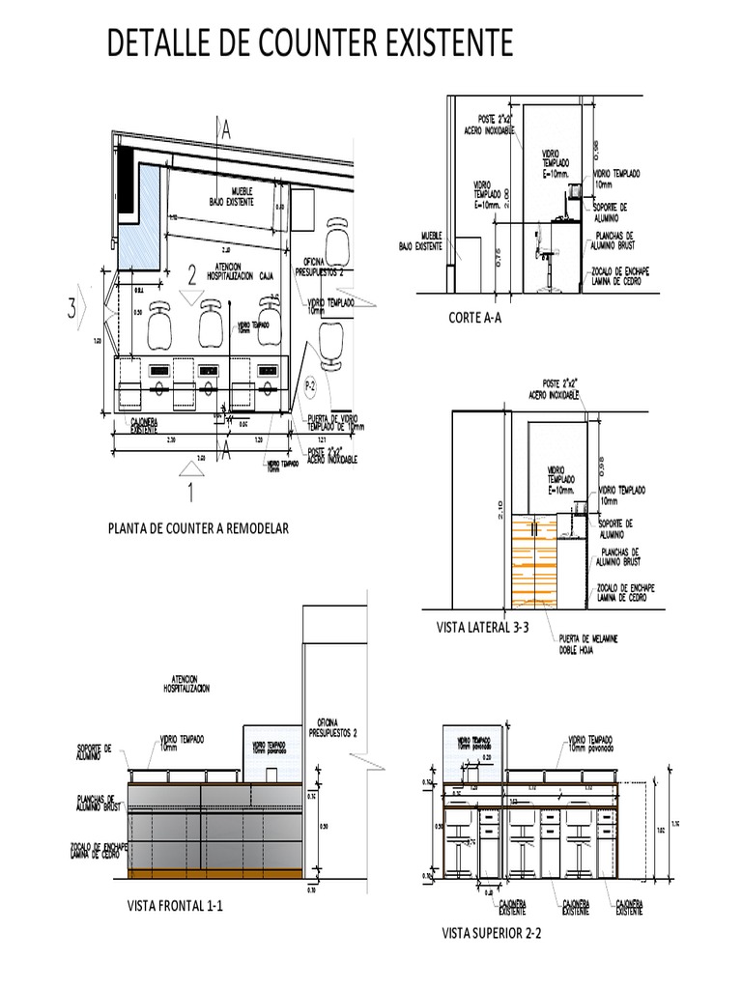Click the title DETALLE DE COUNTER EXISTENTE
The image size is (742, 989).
click(x=310, y=44)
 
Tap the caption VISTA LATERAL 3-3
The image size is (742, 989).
click(x=484, y=628)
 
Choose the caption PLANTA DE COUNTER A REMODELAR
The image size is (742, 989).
click(x=199, y=528)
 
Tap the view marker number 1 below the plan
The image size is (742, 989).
click(x=191, y=494)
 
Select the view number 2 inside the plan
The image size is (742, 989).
click(x=192, y=276)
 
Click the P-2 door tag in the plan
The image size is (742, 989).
click(x=311, y=385)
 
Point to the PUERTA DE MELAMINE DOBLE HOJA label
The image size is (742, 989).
click(x=587, y=645)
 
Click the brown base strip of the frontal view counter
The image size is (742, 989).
click(x=214, y=875)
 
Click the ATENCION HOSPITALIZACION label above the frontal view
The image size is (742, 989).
click(x=186, y=685)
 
